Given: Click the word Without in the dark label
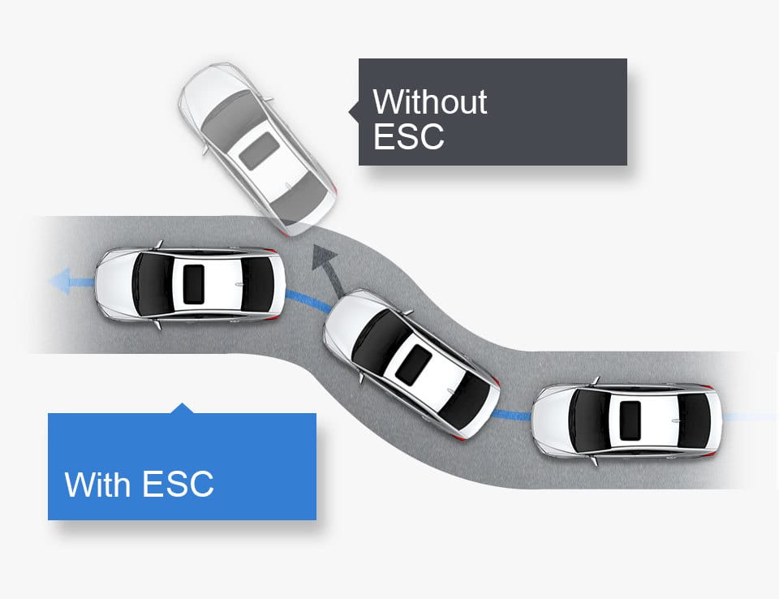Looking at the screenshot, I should point(429,101).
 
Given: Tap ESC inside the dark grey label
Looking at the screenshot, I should point(408,136).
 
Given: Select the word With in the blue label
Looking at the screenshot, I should point(97,485).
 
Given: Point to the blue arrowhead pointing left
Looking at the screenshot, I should point(59,282).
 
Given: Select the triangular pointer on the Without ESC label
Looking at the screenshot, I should point(354,111).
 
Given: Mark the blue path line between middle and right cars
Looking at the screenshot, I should point(514,416).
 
